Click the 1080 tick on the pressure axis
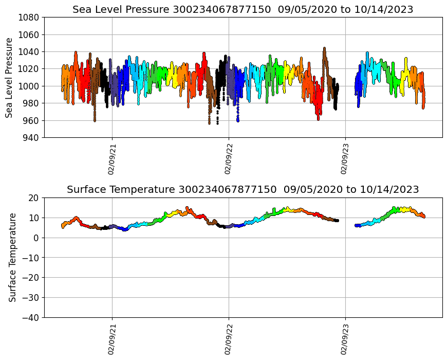tap(29, 17)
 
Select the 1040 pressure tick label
tap(29, 51)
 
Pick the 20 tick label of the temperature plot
tap(33, 197)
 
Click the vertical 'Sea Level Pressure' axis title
tap(10, 78)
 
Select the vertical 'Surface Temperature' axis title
tap(12, 257)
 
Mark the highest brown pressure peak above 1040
tap(324, 48)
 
